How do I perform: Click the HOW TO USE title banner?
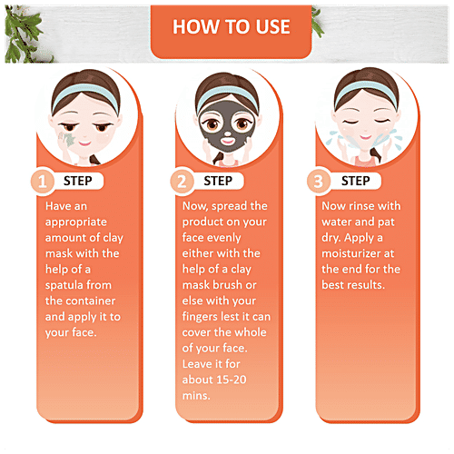click(227, 25)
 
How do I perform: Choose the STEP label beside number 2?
click(224, 181)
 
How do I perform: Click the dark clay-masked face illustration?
click(225, 126)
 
